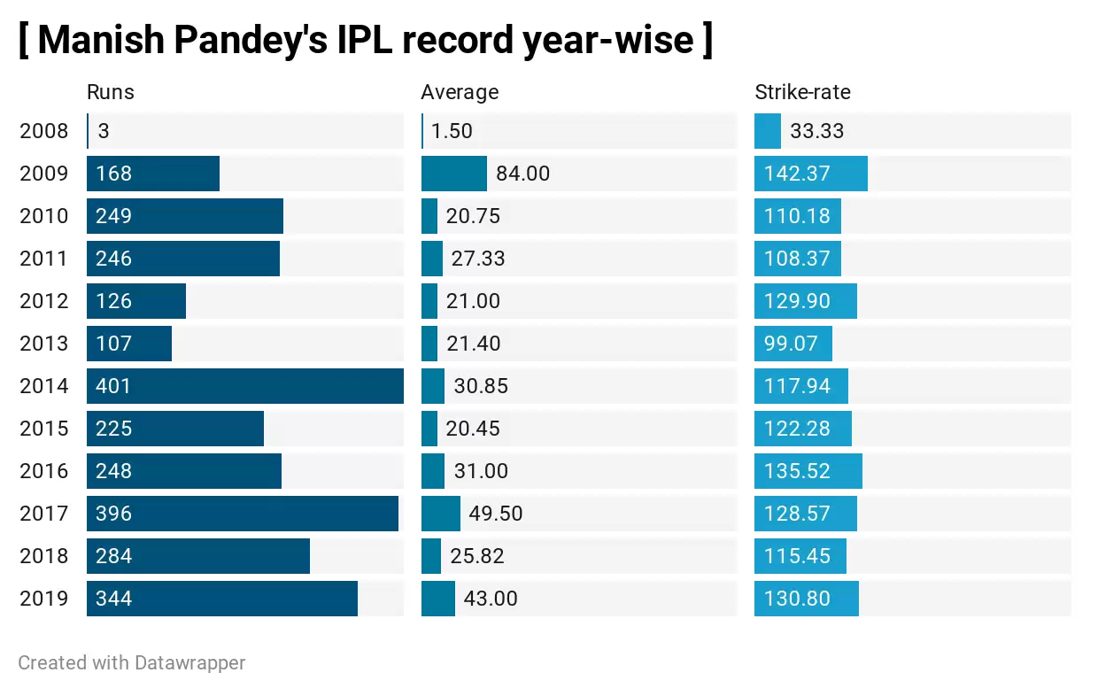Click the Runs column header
click(110, 92)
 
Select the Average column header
click(459, 92)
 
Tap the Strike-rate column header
click(802, 92)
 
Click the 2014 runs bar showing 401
click(244, 386)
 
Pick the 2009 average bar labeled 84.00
click(453, 174)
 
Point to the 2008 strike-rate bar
click(767, 131)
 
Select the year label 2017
click(43, 514)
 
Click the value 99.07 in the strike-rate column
click(791, 344)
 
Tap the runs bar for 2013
click(129, 344)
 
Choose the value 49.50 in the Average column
click(495, 514)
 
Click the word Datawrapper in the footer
click(189, 662)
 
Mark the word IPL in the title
click(367, 40)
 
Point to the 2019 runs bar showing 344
click(221, 599)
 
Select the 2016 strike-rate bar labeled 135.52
click(808, 471)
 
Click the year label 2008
click(43, 131)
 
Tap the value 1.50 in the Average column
click(452, 131)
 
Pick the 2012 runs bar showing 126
click(136, 301)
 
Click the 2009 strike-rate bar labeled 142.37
click(810, 174)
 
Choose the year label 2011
click(43, 259)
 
